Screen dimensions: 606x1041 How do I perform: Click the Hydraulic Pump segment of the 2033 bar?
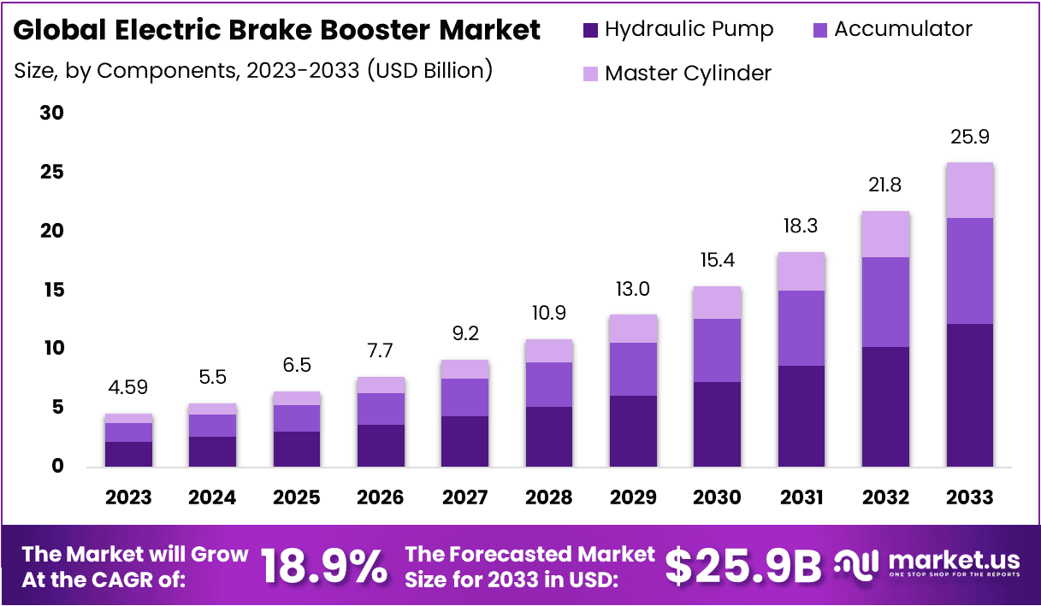pos(969,395)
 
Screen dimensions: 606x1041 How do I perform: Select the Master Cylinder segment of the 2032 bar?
pos(885,234)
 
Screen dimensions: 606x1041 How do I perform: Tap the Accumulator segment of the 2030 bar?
pos(717,350)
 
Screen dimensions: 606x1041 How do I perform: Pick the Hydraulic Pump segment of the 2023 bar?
pos(128,454)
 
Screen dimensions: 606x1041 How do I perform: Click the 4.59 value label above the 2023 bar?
pos(128,386)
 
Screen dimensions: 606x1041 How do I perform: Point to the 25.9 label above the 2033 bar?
pos(970,137)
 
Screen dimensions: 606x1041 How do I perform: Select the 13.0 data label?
pos(633,289)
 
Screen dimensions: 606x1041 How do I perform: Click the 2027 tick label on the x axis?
pos(464,497)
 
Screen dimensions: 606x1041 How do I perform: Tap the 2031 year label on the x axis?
pos(801,497)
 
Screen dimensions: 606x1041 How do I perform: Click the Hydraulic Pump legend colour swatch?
pos(590,30)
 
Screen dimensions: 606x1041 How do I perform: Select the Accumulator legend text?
pos(902,29)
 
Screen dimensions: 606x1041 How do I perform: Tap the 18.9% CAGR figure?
pos(323,565)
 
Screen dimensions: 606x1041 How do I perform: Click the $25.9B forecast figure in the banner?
pos(742,565)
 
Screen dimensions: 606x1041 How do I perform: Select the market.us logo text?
pos(954,561)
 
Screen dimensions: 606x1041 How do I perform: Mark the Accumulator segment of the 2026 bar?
pos(381,409)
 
